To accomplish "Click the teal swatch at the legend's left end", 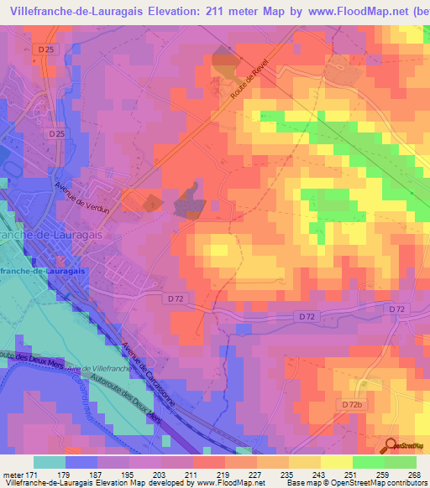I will pyautogui.click(x=50, y=462).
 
